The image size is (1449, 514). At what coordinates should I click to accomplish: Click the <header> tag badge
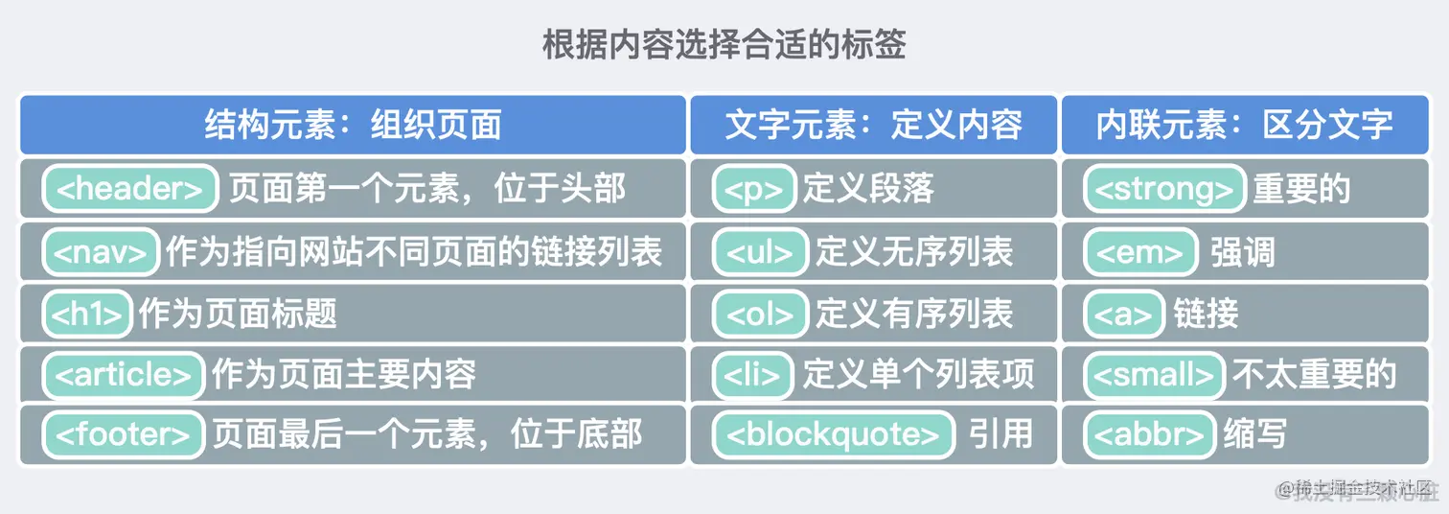click(130, 189)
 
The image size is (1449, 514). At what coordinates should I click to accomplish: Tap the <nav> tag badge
click(100, 252)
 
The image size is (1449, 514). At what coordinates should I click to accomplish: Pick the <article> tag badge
click(123, 374)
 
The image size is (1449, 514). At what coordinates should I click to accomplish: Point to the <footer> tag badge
click(123, 435)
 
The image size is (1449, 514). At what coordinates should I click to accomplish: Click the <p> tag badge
click(754, 189)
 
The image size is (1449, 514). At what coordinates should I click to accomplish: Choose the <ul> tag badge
click(761, 252)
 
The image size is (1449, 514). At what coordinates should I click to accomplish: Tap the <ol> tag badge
click(761, 314)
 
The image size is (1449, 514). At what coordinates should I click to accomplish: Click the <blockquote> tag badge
click(834, 435)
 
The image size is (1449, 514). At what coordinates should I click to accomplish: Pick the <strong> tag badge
click(1164, 189)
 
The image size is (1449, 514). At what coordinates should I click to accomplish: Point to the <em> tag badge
click(1140, 252)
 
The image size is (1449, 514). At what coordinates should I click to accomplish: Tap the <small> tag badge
click(1155, 374)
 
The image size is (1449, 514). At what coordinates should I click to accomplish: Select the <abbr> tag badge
click(1149, 435)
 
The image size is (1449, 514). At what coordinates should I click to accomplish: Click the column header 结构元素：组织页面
click(353, 125)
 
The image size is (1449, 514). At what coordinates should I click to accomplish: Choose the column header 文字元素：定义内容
click(873, 125)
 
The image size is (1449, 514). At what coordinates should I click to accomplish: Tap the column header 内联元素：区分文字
click(1244, 125)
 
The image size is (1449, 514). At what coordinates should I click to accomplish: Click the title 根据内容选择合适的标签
click(724, 45)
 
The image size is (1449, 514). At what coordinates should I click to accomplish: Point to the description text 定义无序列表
click(914, 252)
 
